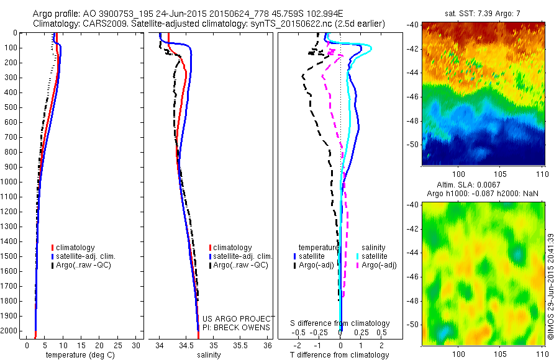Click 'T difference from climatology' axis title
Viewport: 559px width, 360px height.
341,355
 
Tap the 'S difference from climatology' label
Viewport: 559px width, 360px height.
340,323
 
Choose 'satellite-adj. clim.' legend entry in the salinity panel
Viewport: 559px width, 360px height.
242,256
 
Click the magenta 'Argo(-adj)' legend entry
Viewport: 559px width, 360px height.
379,265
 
